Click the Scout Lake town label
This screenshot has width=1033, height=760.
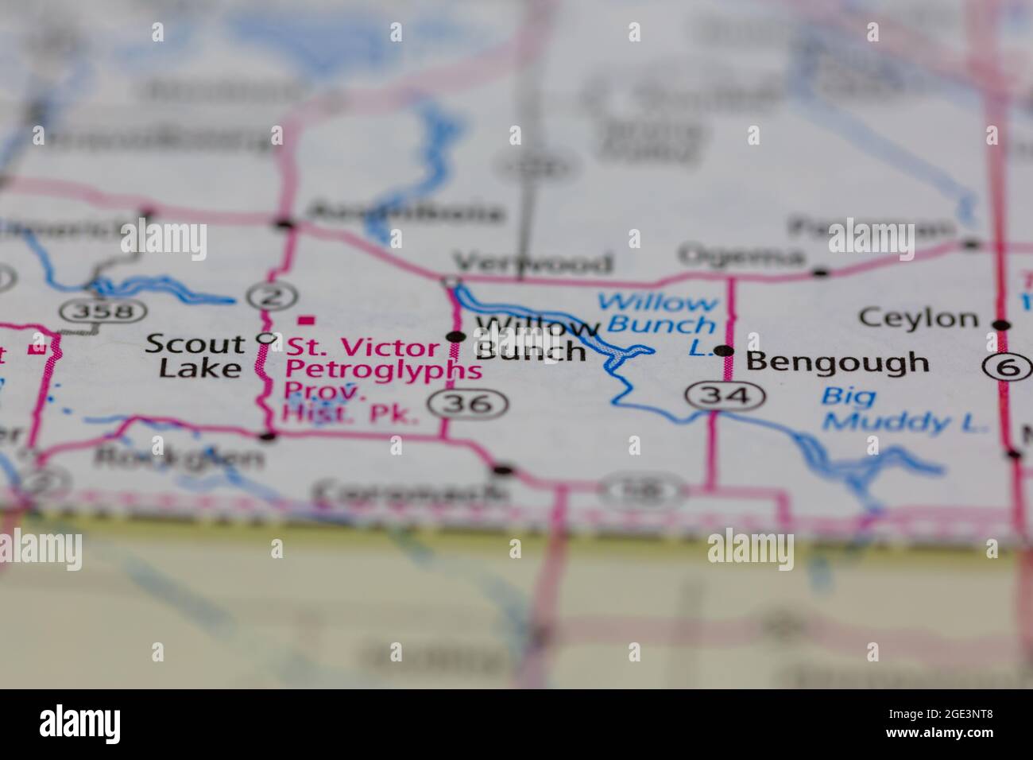(195, 355)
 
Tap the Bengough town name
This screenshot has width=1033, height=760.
(838, 363)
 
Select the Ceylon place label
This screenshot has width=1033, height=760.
(919, 319)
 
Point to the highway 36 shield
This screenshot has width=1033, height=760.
(468, 404)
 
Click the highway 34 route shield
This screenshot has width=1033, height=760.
(726, 395)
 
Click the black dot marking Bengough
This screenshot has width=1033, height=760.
(723, 351)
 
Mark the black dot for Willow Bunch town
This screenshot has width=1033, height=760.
(456, 336)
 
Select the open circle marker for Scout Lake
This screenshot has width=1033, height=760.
(268, 339)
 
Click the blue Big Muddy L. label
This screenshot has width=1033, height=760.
(904, 409)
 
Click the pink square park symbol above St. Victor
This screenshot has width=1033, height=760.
(305, 320)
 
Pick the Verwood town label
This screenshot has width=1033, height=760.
(532, 262)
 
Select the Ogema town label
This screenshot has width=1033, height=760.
(741, 256)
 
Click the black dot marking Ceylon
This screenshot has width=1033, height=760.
(1002, 324)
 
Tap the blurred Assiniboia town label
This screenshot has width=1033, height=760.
(405, 213)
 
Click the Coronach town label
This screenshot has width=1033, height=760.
(412, 493)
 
